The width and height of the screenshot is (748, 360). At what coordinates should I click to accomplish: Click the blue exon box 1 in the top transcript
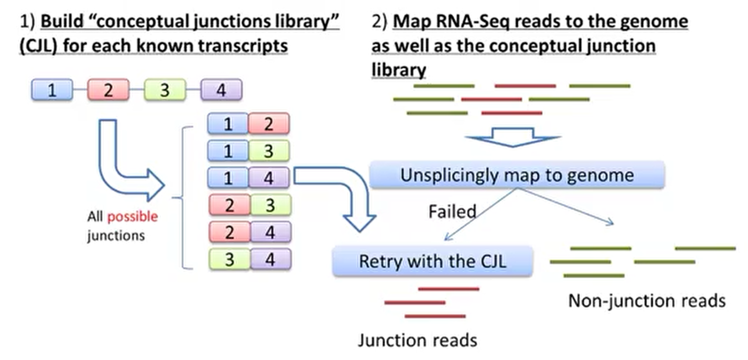pos(52,90)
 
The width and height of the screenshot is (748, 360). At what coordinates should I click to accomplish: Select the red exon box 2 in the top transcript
pos(108,90)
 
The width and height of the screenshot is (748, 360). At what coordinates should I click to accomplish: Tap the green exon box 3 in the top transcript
pos(165,90)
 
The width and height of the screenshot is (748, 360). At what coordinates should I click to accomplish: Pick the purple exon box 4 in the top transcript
pos(221,90)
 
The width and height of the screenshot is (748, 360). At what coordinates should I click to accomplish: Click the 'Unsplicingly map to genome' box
pos(517,175)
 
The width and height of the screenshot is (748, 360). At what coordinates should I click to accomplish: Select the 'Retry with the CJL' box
pos(432,261)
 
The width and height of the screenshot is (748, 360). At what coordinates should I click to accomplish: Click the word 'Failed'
pos(452,212)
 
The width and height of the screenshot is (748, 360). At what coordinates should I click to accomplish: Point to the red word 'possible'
pos(132,216)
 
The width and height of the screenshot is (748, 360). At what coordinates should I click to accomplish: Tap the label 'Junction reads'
pos(417,340)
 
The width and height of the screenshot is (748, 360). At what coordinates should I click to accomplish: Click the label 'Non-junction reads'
pos(647,301)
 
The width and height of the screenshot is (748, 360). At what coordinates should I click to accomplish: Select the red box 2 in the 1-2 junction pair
pos(269,124)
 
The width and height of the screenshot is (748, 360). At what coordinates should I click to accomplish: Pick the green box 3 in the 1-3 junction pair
pos(269,151)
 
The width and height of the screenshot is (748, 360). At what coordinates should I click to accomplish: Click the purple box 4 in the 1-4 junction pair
pos(269,178)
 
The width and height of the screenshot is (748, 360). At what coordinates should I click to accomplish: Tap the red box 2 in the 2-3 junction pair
pos(229,205)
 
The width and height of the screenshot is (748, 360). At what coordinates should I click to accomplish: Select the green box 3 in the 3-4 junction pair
pos(229,259)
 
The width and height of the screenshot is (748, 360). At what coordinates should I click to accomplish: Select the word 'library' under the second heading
pos(399,70)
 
